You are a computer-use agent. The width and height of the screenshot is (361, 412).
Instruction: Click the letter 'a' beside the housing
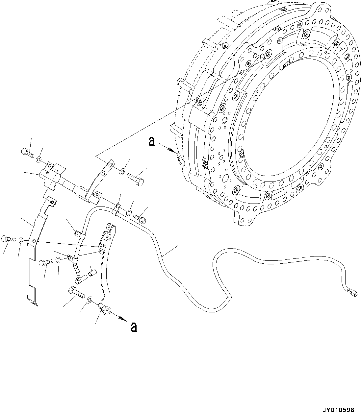(151, 142)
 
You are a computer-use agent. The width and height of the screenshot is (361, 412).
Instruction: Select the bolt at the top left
(27, 153)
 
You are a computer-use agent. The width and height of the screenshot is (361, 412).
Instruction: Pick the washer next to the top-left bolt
(39, 159)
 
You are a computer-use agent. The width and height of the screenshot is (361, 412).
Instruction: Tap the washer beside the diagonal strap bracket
(122, 171)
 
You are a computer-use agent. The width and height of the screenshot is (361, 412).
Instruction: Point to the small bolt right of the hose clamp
(140, 217)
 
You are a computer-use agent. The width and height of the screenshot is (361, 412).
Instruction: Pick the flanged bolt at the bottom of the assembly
(76, 292)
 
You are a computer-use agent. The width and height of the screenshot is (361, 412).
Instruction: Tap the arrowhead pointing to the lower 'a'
(122, 318)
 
